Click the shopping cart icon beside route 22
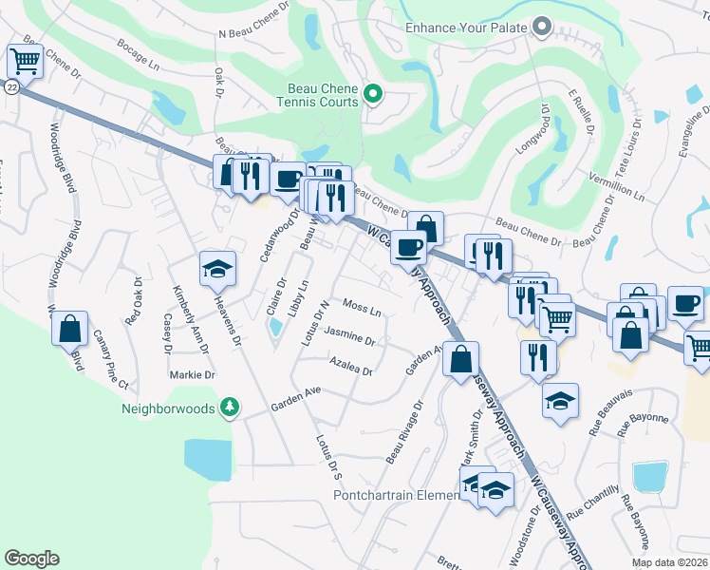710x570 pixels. [x=25, y=62]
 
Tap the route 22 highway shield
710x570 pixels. [x=9, y=86]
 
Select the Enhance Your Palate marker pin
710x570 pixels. [x=543, y=28]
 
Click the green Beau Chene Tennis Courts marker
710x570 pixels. [x=373, y=94]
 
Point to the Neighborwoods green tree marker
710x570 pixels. [x=229, y=408]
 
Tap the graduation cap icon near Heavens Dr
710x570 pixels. [x=217, y=270]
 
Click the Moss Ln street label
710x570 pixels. [x=362, y=310]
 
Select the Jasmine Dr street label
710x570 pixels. [x=349, y=335]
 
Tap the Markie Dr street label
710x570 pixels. [x=193, y=375]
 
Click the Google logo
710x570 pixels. [x=31, y=559]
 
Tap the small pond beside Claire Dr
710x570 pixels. [x=275, y=328]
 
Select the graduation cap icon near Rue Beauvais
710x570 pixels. [x=560, y=402]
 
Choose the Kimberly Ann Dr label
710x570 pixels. [x=188, y=313]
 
